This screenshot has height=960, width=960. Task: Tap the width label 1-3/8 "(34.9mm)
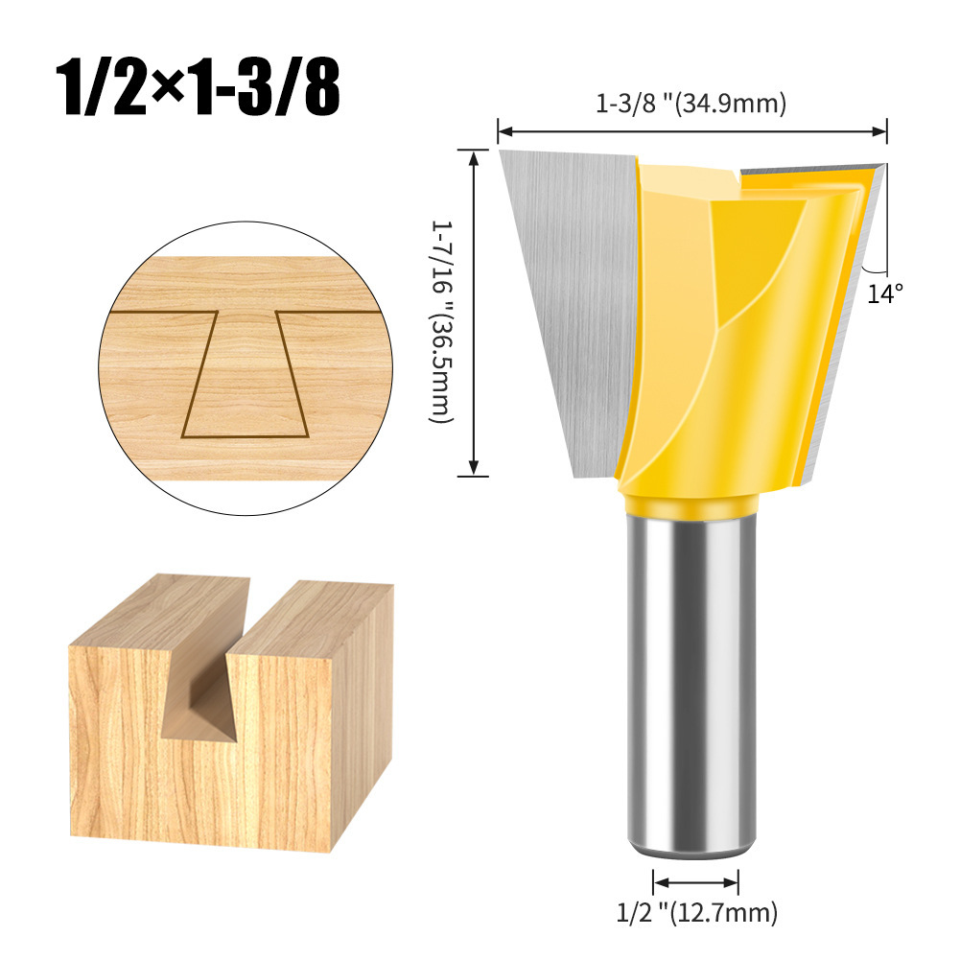pos(691,104)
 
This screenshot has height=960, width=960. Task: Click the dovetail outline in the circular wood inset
pos(245,374)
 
